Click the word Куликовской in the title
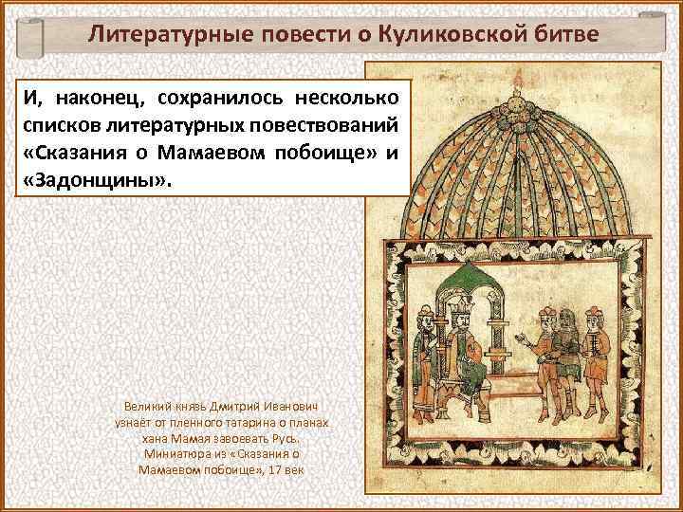pyautogui.click(x=456, y=35)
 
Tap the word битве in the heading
pyautogui.click(x=563, y=35)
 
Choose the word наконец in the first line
pyautogui.click(x=95, y=98)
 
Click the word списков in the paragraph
pyautogui.click(x=56, y=125)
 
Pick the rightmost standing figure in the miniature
pyautogui.click(x=593, y=351)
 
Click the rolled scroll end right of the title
pyautogui.click(x=652, y=38)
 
